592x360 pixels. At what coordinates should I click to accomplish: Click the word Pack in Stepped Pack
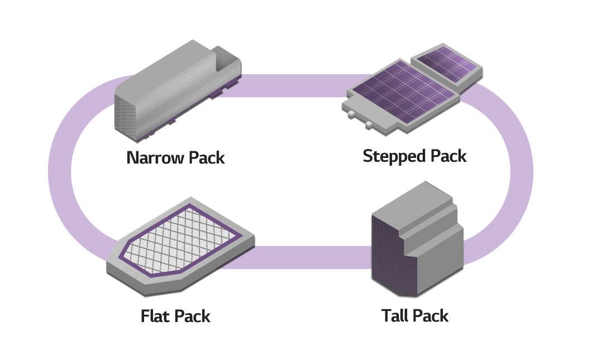point(446,156)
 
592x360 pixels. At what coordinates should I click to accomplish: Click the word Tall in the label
point(396,316)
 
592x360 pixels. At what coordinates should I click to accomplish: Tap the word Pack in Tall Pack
point(431,316)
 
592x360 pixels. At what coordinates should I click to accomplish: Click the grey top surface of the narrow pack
point(168,70)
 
